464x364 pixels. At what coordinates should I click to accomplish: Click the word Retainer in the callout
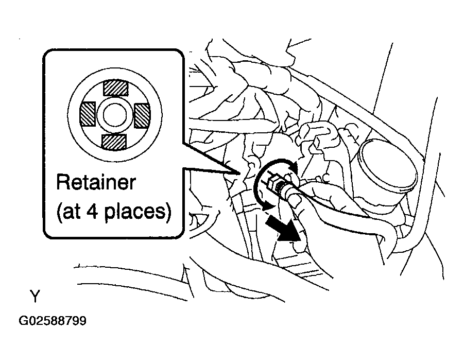point(96,182)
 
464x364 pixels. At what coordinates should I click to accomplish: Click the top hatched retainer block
point(115,88)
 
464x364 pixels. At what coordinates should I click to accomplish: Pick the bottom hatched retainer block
point(114,142)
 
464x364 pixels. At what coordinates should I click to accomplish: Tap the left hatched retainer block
point(88,114)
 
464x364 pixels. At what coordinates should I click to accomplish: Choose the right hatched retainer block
point(142,115)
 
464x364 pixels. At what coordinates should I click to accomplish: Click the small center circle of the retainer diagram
point(115,115)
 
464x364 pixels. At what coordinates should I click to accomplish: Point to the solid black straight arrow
point(283,228)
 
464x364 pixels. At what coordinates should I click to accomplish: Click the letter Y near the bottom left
point(35,296)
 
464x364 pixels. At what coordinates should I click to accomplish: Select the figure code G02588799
point(53,321)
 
